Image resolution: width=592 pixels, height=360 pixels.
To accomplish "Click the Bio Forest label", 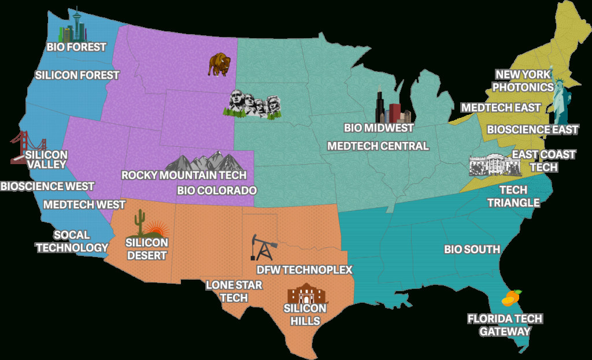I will [77, 46].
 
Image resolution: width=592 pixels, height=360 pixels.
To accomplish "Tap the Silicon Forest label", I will [77, 75].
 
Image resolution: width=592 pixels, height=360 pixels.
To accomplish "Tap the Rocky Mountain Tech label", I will [184, 175].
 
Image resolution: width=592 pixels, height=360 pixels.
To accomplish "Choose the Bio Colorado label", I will [217, 190].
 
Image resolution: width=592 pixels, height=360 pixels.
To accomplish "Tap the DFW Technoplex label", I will [304, 270].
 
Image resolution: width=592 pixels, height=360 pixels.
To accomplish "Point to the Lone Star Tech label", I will [234, 291].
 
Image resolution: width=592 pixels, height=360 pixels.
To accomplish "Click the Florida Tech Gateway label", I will [505, 325].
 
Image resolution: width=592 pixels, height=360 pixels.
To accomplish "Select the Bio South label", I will [472, 249].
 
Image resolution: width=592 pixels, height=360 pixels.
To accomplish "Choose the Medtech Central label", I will [378, 146].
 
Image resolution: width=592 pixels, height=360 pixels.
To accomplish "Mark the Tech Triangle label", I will [513, 196].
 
